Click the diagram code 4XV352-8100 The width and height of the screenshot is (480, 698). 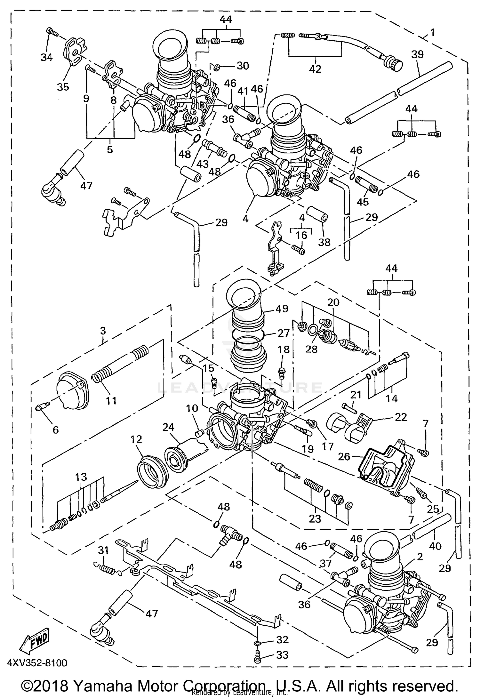[37, 662]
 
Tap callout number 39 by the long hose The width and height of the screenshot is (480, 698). [417, 55]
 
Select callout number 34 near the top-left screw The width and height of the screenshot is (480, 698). [47, 57]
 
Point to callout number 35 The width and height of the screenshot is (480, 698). [63, 87]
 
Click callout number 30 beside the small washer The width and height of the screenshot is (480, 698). [243, 66]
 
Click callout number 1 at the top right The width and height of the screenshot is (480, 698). [433, 32]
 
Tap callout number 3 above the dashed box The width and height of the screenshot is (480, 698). [103, 331]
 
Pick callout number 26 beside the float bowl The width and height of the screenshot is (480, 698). [344, 456]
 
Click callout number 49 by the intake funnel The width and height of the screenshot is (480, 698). [282, 309]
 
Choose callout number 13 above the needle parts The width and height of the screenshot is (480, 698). [81, 477]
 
